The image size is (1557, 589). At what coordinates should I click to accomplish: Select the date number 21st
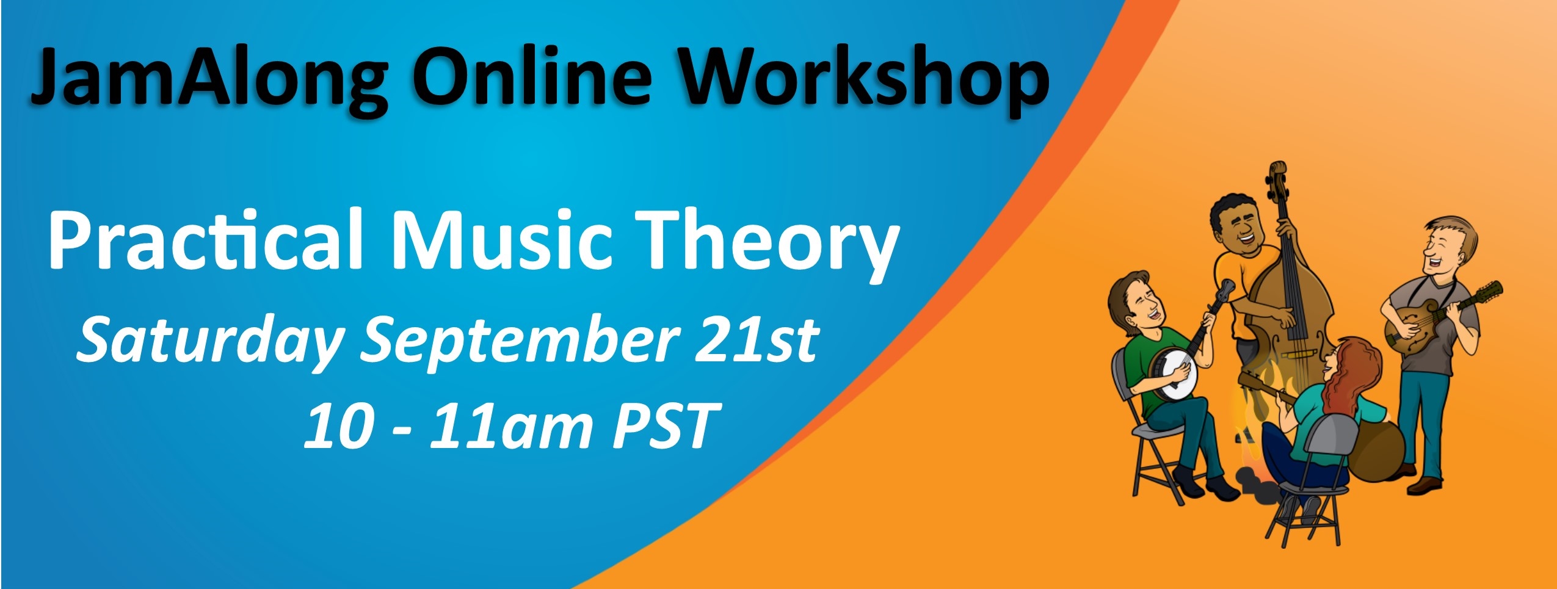[757, 339]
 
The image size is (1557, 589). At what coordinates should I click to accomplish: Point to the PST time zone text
[666, 425]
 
